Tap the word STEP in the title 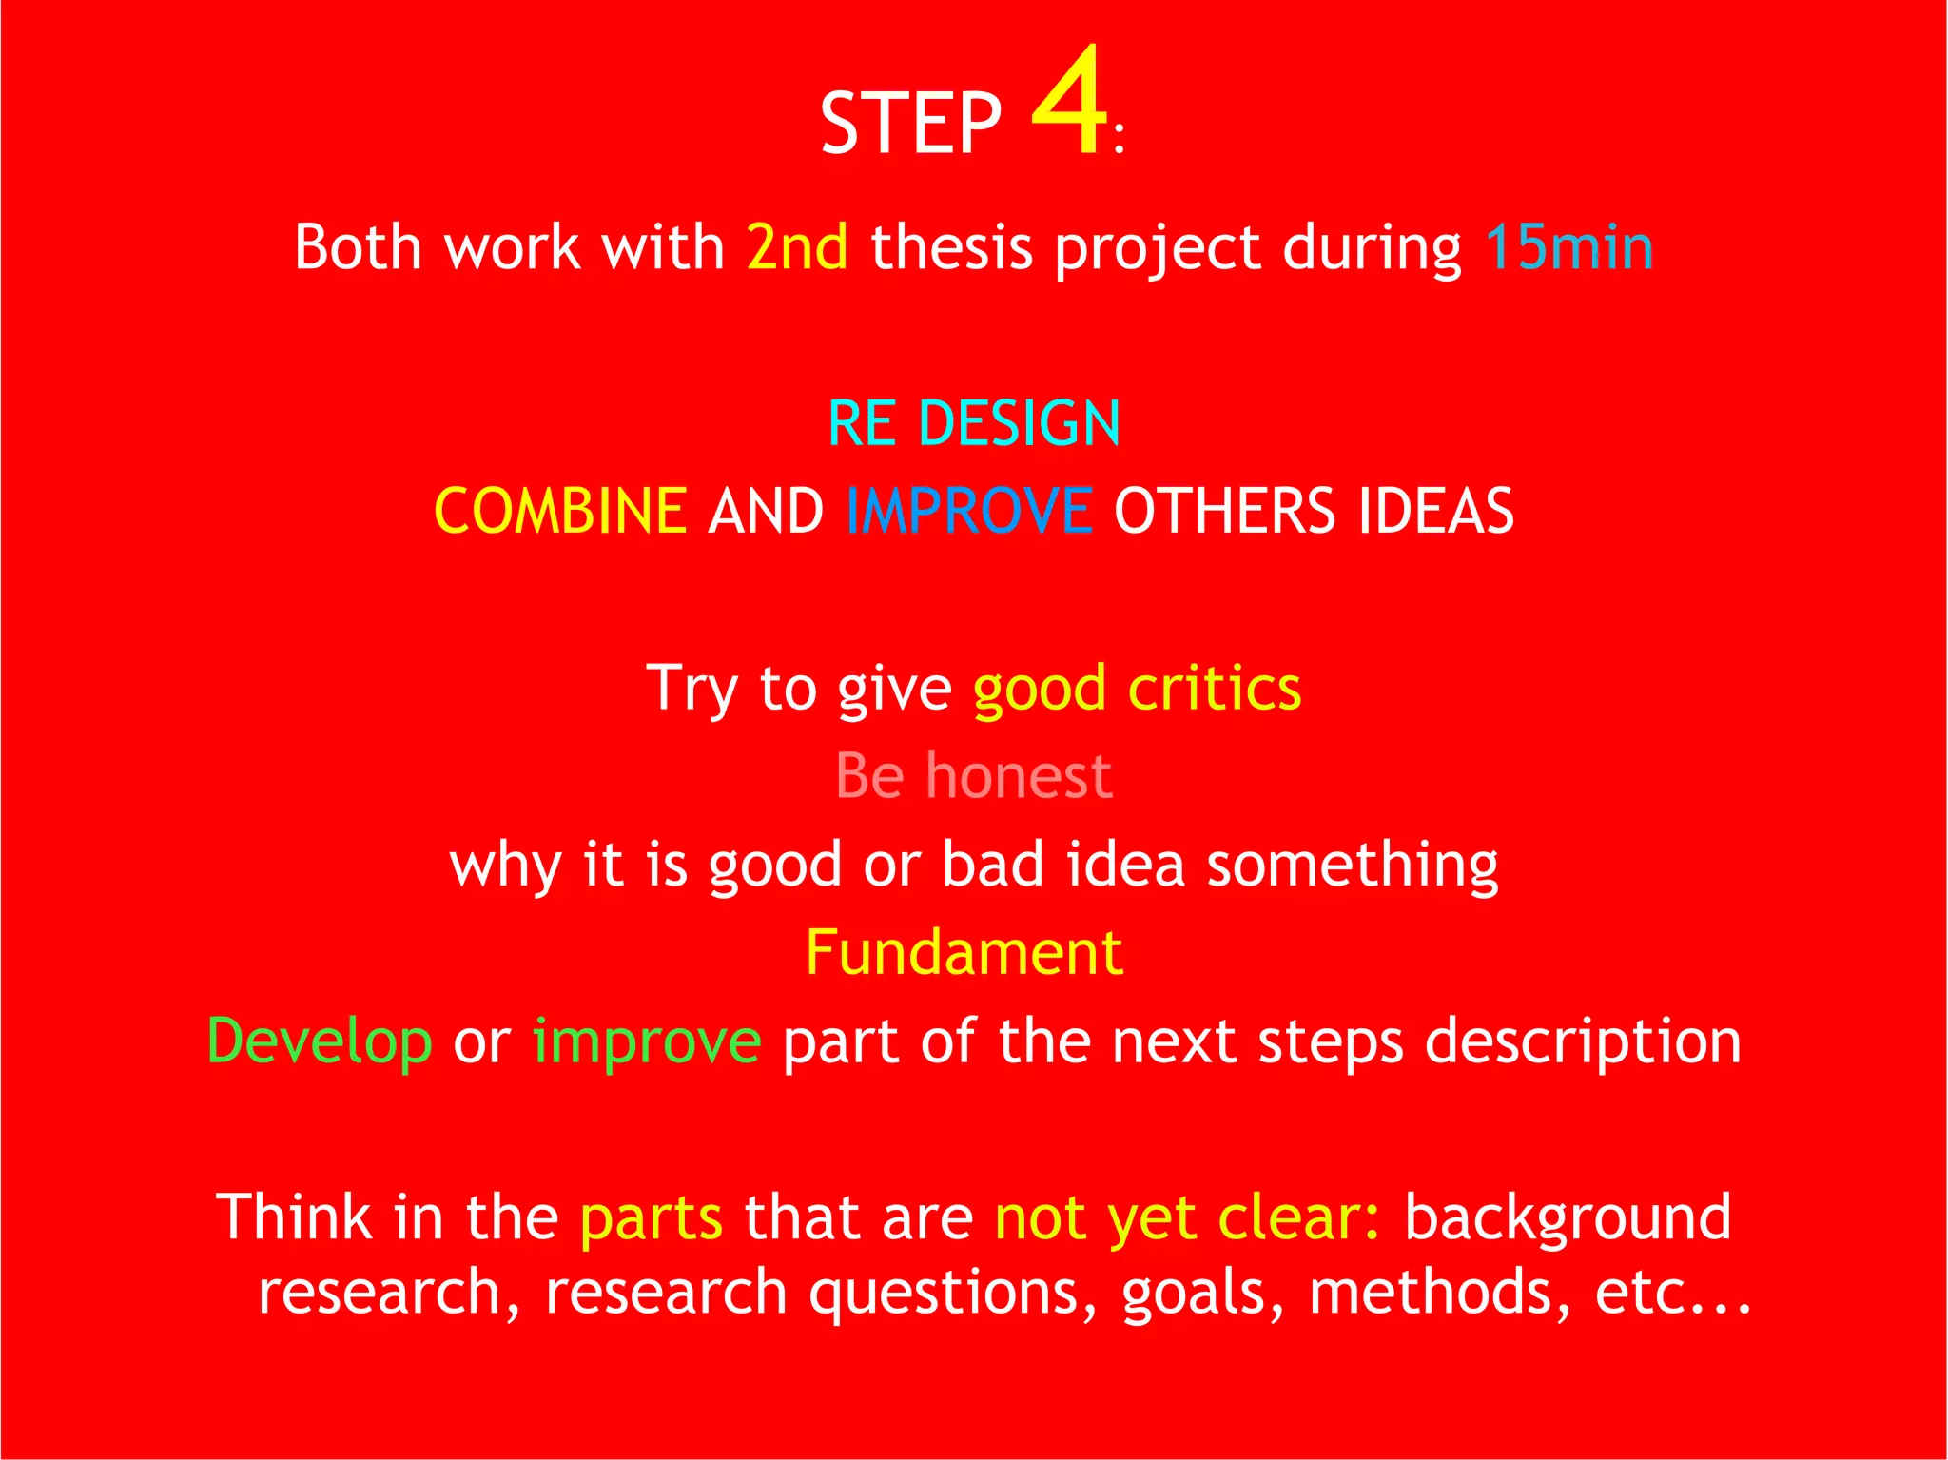pyautogui.click(x=910, y=124)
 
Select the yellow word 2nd pyautogui.click(x=797, y=247)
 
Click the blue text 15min pyautogui.click(x=1568, y=247)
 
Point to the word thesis pyautogui.click(x=951, y=247)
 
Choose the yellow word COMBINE pyautogui.click(x=560, y=511)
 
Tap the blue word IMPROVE pyautogui.click(x=969, y=511)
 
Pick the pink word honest pyautogui.click(x=1019, y=776)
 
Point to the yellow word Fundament pyautogui.click(x=964, y=952)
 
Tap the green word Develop pyautogui.click(x=320, y=1041)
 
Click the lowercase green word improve pyautogui.click(x=647, y=1041)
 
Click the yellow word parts pyautogui.click(x=652, y=1218)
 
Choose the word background pyautogui.click(x=1568, y=1218)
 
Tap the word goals pyautogui.click(x=1202, y=1294)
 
